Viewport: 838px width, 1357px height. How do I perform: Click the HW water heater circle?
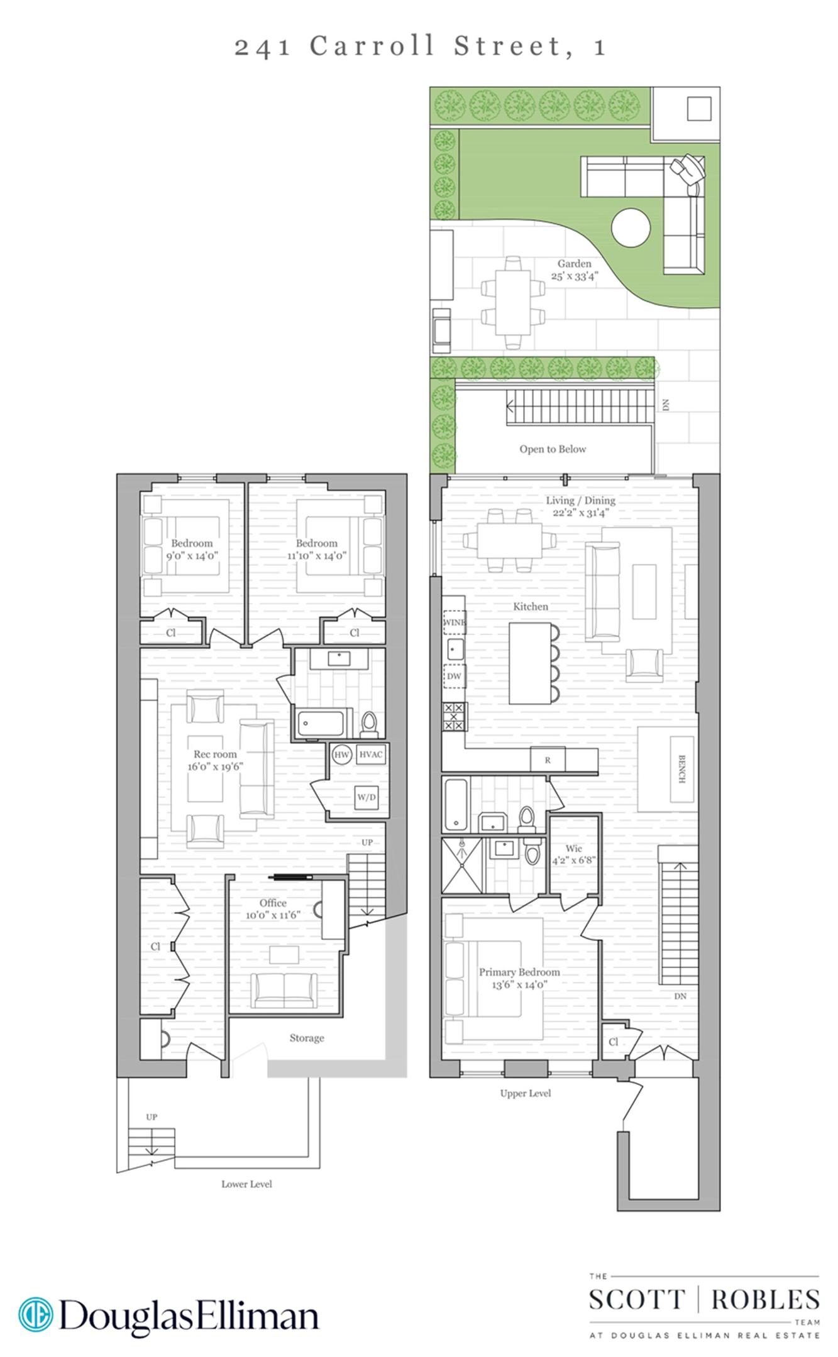tap(341, 755)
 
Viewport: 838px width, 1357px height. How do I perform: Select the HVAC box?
tap(370, 755)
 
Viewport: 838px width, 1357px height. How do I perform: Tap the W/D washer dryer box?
tap(367, 797)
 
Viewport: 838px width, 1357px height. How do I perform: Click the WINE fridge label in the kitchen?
tap(454, 622)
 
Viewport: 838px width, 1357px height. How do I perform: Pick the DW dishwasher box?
tap(454, 676)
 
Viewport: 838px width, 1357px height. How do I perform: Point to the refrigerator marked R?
tap(548, 760)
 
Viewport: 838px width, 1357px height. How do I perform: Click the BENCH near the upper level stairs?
tap(681, 769)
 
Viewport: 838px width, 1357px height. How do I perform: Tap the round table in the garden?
tap(631, 229)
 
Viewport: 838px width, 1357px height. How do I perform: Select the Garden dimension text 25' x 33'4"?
tap(574, 276)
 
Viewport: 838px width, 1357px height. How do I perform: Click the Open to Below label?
tap(553, 449)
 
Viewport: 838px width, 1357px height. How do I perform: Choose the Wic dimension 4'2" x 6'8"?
tap(573, 860)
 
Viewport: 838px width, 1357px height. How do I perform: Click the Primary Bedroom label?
tap(519, 972)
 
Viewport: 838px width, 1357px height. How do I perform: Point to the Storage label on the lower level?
tap(307, 1038)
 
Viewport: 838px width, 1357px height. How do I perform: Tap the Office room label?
tap(273, 903)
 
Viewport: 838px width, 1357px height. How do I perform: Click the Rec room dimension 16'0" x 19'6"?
tap(215, 766)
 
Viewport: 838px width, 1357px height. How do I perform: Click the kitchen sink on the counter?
tap(454, 648)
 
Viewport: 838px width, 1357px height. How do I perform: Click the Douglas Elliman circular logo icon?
tap(35, 1315)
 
